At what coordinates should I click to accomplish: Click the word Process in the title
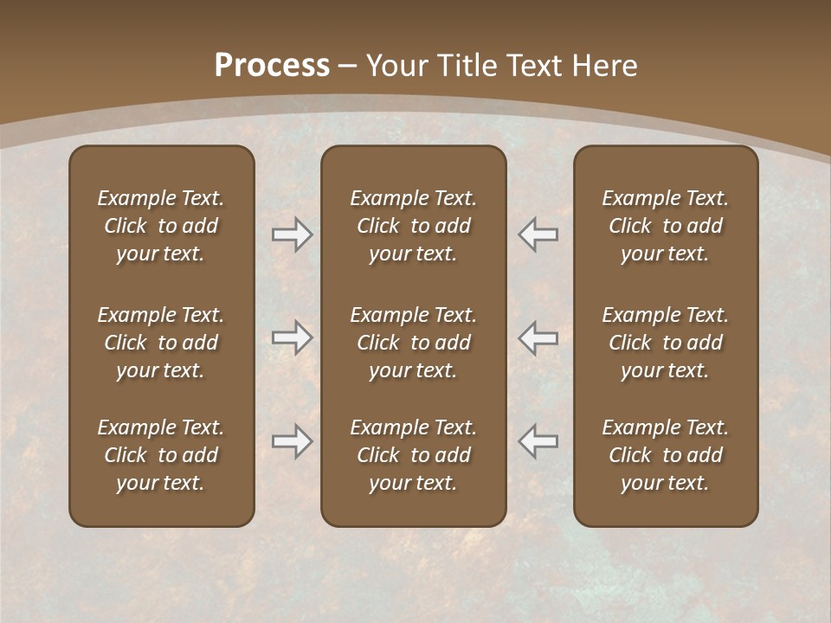click(x=272, y=66)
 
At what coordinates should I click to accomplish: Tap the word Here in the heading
click(x=603, y=66)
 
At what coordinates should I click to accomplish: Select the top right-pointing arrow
click(x=292, y=234)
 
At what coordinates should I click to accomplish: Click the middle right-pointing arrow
click(x=292, y=337)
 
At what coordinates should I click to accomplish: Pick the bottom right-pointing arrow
click(x=292, y=441)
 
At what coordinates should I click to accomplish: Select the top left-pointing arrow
click(x=538, y=234)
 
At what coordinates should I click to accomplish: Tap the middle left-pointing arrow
click(x=538, y=337)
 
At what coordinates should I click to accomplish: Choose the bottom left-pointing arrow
click(x=538, y=441)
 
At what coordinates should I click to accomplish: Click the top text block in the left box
click(x=161, y=226)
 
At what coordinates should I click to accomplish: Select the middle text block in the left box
click(x=161, y=343)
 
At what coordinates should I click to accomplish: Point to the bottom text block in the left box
click(x=161, y=455)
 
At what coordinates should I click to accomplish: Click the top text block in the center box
click(x=413, y=226)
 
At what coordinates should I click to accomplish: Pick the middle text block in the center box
click(x=413, y=343)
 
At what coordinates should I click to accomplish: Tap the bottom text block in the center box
click(x=413, y=455)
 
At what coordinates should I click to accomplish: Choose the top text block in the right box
click(x=666, y=226)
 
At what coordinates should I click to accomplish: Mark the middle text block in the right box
click(x=666, y=343)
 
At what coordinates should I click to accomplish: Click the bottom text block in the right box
click(x=666, y=455)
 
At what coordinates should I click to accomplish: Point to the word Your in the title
click(x=397, y=66)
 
